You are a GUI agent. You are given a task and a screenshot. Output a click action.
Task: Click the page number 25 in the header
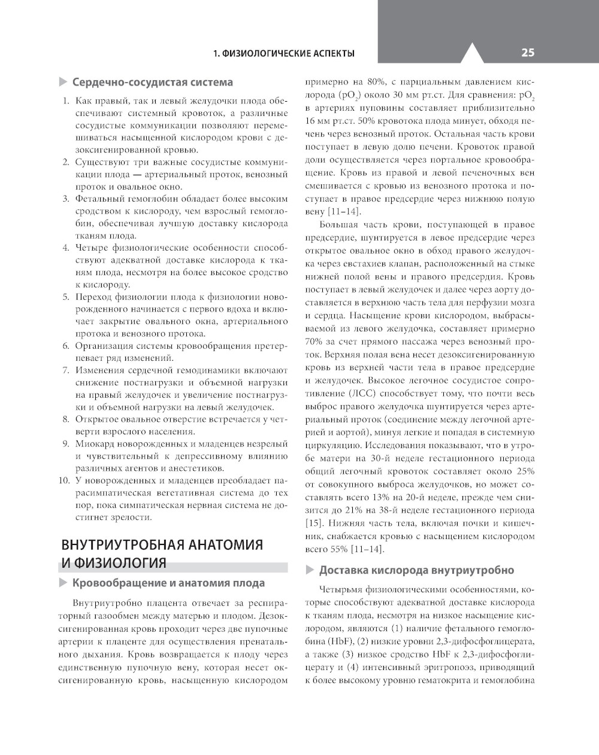[x=527, y=53]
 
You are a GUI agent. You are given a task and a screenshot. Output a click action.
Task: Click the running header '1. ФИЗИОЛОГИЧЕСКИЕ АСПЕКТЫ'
[x=284, y=53]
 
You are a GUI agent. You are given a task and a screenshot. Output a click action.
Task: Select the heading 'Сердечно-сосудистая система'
[x=152, y=82]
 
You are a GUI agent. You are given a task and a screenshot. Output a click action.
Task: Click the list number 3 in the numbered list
[x=66, y=199]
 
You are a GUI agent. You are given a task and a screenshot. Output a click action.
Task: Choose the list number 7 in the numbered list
[x=66, y=369]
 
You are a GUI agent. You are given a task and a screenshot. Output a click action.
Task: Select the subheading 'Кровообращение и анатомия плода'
[x=168, y=583]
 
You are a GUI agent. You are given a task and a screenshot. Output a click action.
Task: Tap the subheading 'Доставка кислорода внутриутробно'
[x=416, y=570]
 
